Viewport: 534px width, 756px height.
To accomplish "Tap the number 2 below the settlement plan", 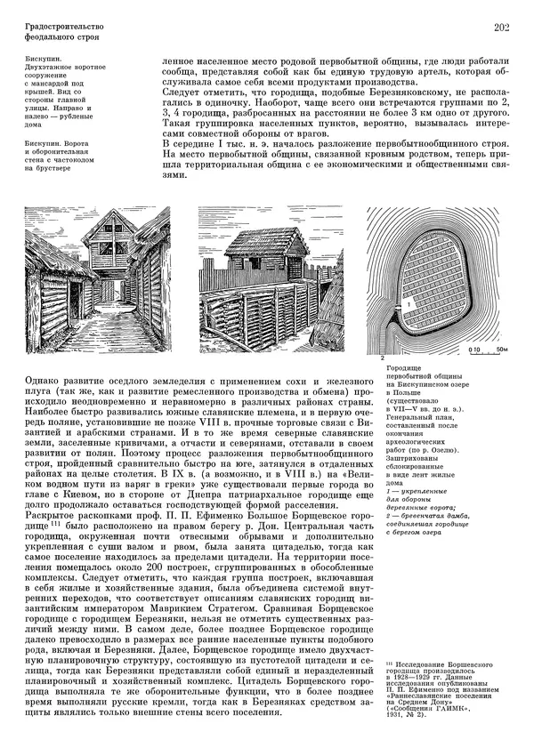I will pos(383,356).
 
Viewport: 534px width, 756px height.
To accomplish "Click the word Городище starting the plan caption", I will pos(405,367).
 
